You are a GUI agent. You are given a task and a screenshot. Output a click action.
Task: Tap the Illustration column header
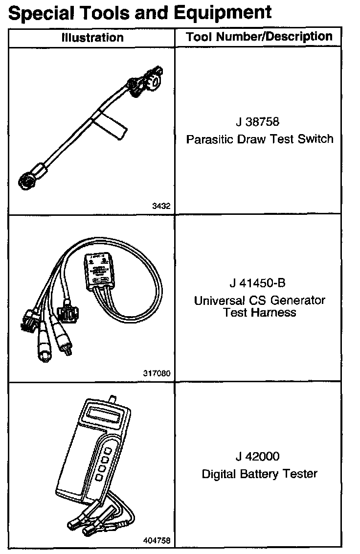[x=92, y=38]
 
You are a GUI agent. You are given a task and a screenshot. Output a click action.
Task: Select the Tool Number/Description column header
[x=259, y=37]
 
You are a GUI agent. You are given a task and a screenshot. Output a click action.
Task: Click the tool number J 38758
[x=259, y=121]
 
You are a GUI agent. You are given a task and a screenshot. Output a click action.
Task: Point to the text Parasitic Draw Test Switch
[x=259, y=139]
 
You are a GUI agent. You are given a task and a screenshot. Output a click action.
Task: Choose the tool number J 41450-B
[x=259, y=283]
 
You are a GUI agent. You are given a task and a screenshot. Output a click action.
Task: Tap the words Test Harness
[x=260, y=312]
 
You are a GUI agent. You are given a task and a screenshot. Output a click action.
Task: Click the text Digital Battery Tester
[x=259, y=474]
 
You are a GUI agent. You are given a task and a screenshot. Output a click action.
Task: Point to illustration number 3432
[x=161, y=207]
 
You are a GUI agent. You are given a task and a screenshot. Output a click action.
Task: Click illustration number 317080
[x=157, y=373]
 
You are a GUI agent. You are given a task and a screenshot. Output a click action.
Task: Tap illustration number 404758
[x=157, y=541]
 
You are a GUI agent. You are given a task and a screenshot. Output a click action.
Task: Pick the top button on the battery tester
[x=108, y=449]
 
